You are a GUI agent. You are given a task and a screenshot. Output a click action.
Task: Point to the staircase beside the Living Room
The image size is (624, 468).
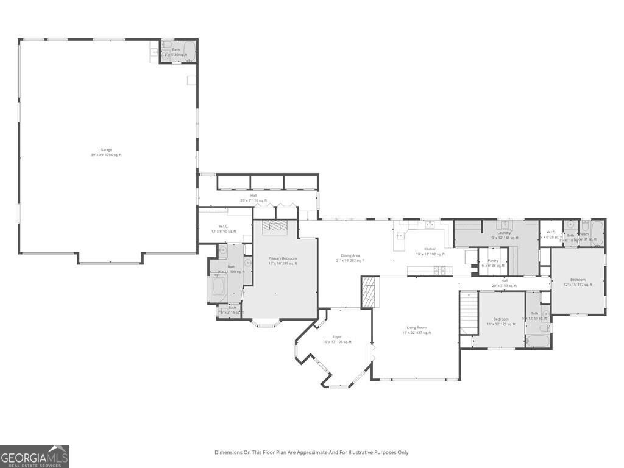click(467, 312)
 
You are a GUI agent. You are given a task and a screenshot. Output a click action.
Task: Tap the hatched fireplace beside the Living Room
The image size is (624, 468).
click(369, 292)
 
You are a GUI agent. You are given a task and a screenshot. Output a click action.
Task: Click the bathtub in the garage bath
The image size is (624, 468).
click(189, 51)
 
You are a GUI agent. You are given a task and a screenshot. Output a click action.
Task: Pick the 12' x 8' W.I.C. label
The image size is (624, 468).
click(224, 229)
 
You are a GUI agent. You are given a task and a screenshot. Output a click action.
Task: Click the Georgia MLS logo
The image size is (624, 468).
click(35, 456)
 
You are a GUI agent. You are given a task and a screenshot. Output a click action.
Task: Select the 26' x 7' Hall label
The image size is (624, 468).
click(253, 198)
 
